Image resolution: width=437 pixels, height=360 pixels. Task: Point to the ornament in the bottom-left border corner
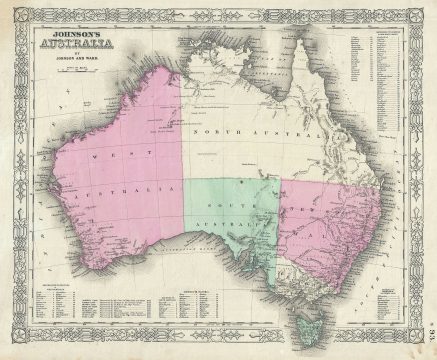(x=16, y=344)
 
